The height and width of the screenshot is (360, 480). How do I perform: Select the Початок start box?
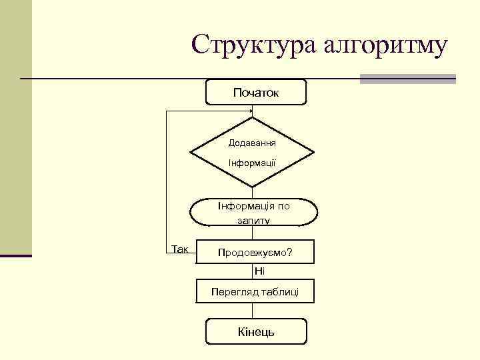point(256,93)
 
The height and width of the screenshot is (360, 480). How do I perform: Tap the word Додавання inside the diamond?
point(253,143)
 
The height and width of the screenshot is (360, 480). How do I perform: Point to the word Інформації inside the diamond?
point(253,163)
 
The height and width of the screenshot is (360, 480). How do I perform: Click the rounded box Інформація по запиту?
point(253,213)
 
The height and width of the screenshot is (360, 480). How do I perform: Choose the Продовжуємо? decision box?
point(255,253)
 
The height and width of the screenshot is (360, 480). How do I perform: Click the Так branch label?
point(180,249)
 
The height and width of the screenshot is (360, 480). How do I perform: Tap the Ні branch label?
point(259,271)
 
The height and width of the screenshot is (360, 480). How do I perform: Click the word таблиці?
point(279,291)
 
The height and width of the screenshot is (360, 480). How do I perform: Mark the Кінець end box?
point(256,331)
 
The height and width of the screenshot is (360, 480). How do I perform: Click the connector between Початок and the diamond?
point(253,111)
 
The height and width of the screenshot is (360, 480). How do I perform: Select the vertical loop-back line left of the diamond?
point(166,180)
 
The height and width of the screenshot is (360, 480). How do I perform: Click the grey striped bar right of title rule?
point(407,79)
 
